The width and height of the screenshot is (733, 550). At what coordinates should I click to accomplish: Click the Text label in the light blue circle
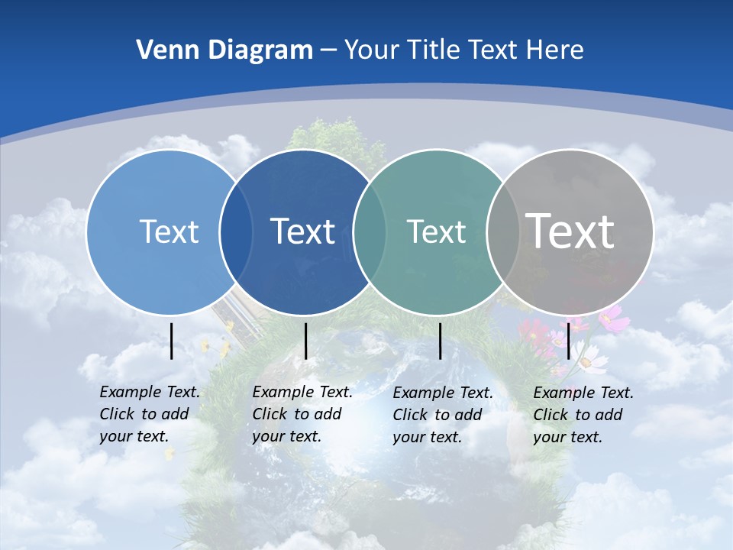pyautogui.click(x=169, y=231)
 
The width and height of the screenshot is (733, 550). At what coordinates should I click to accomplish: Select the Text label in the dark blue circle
pyautogui.click(x=303, y=231)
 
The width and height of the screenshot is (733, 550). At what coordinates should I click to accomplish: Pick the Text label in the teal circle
pyautogui.click(x=436, y=231)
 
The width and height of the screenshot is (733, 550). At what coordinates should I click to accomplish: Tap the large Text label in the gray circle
pyautogui.click(x=570, y=231)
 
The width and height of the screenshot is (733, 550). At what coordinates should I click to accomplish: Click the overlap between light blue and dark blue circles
pyautogui.click(x=236, y=231)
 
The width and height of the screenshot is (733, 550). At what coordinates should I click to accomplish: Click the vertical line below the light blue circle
pyautogui.click(x=172, y=341)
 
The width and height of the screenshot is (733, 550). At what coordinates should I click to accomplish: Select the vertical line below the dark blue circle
pyautogui.click(x=305, y=341)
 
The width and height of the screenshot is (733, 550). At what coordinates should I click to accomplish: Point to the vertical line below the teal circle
pyautogui.click(x=440, y=341)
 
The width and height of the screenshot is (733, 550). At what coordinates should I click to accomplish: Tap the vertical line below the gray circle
pyautogui.click(x=568, y=341)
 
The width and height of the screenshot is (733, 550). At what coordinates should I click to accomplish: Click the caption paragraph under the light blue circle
pyautogui.click(x=150, y=414)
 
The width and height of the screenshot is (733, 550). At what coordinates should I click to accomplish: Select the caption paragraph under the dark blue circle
pyautogui.click(x=302, y=414)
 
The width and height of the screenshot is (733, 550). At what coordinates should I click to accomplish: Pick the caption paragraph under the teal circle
pyautogui.click(x=443, y=415)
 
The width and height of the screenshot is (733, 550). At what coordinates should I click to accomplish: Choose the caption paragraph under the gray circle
pyautogui.click(x=583, y=415)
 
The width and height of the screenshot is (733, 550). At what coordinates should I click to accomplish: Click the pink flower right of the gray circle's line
pyautogui.click(x=614, y=318)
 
